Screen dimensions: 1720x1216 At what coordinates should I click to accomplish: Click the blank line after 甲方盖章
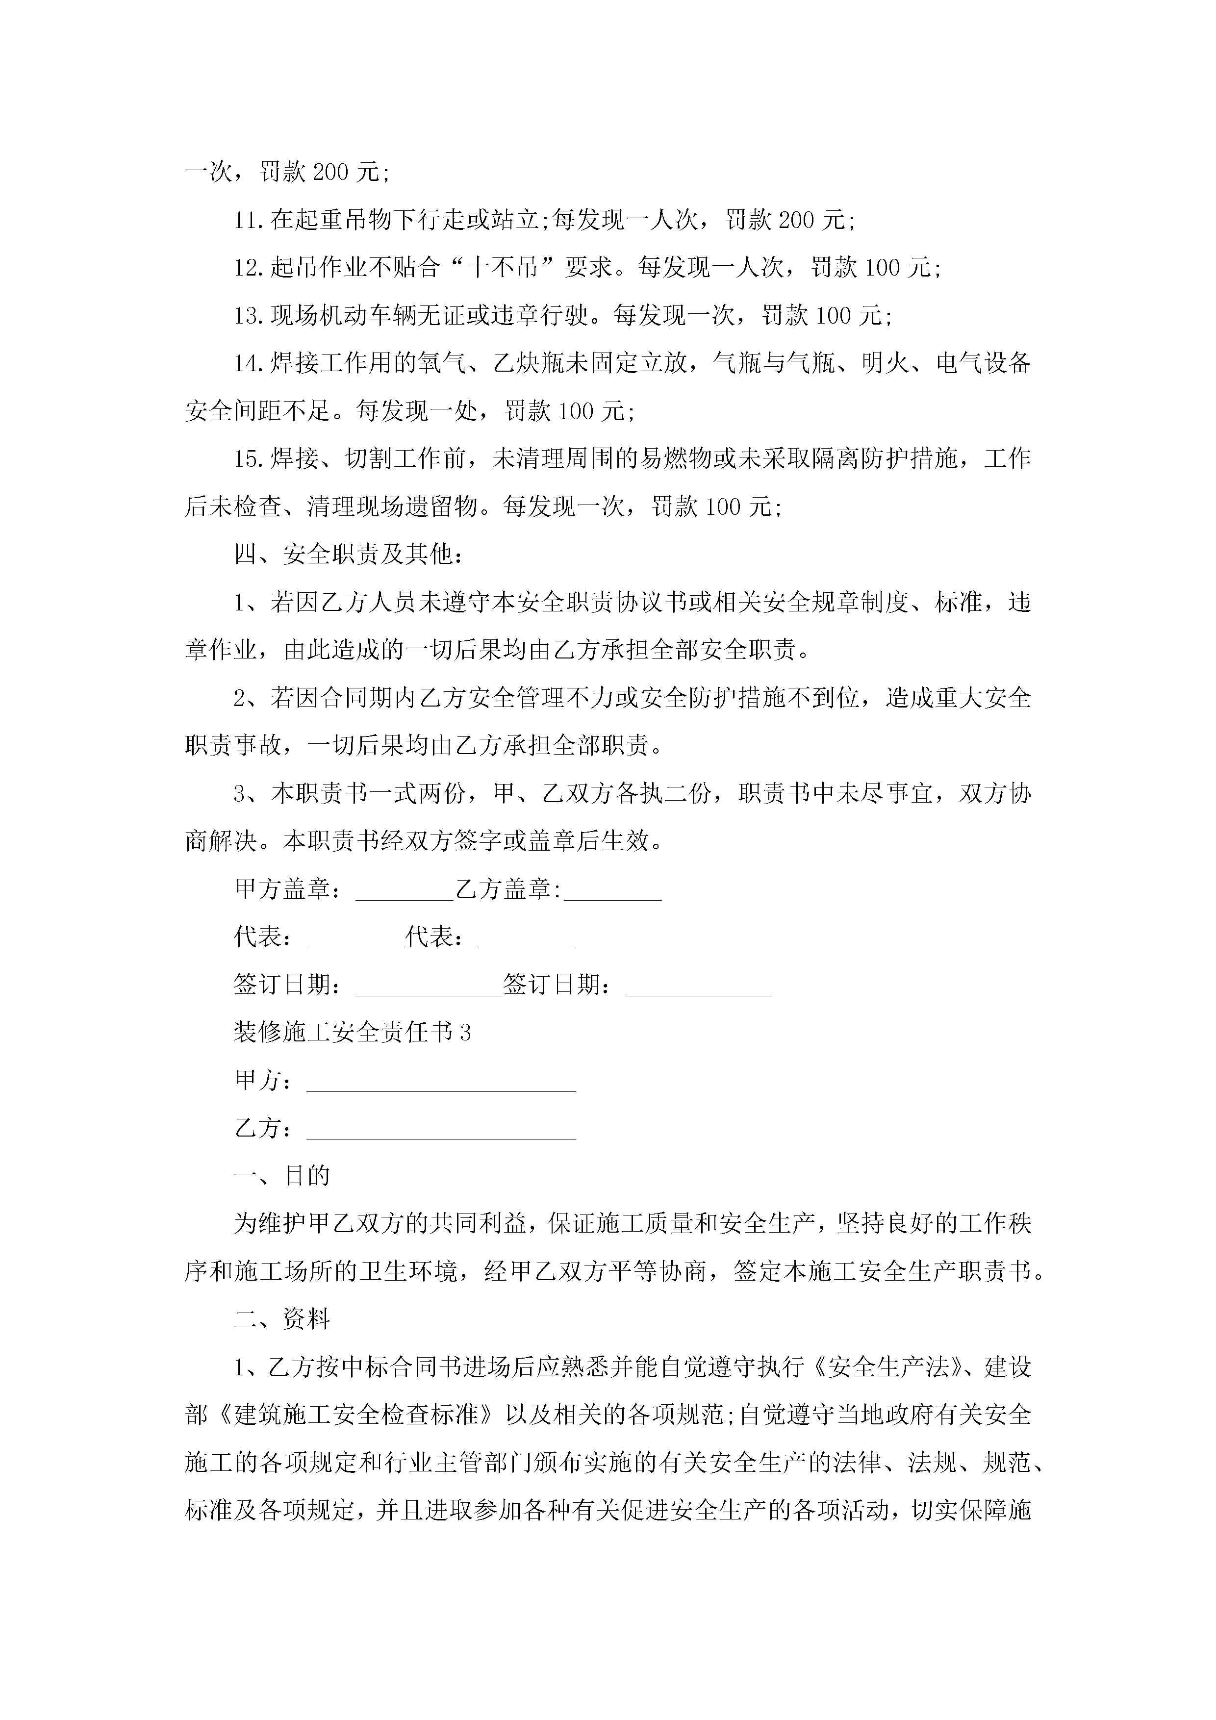[405, 891]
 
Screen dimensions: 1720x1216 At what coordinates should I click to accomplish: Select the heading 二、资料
[282, 1319]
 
